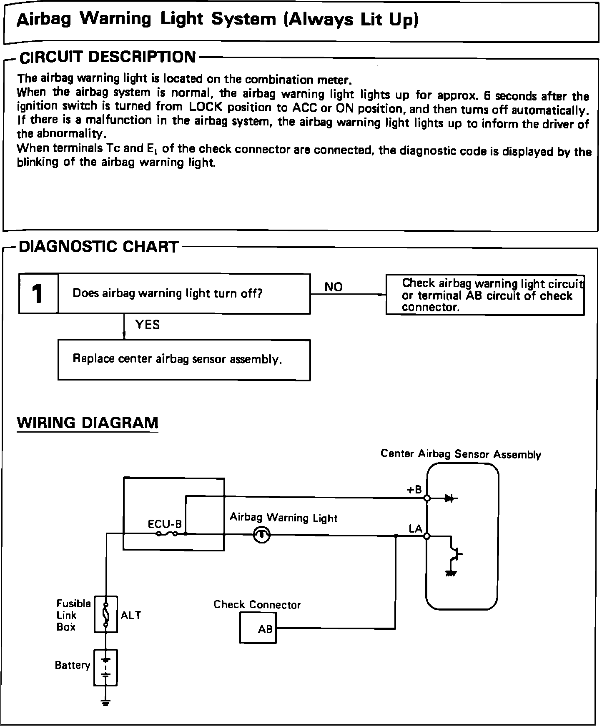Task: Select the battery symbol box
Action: coord(106,667)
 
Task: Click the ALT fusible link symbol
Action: coord(106,614)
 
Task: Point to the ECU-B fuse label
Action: coord(165,524)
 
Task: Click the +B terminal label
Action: coord(414,490)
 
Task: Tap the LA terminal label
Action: coord(415,529)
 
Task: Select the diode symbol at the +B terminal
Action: coord(449,498)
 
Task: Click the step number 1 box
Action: coord(38,294)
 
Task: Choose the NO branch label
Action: coord(333,287)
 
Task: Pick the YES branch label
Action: coord(147,325)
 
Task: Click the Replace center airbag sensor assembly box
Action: coord(184,360)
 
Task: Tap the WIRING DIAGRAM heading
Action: coord(88,423)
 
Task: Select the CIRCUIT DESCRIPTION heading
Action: coord(108,57)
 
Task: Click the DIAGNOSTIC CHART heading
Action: coord(99,247)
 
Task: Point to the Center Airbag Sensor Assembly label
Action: coord(461,454)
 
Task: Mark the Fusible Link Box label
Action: coord(73,615)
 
